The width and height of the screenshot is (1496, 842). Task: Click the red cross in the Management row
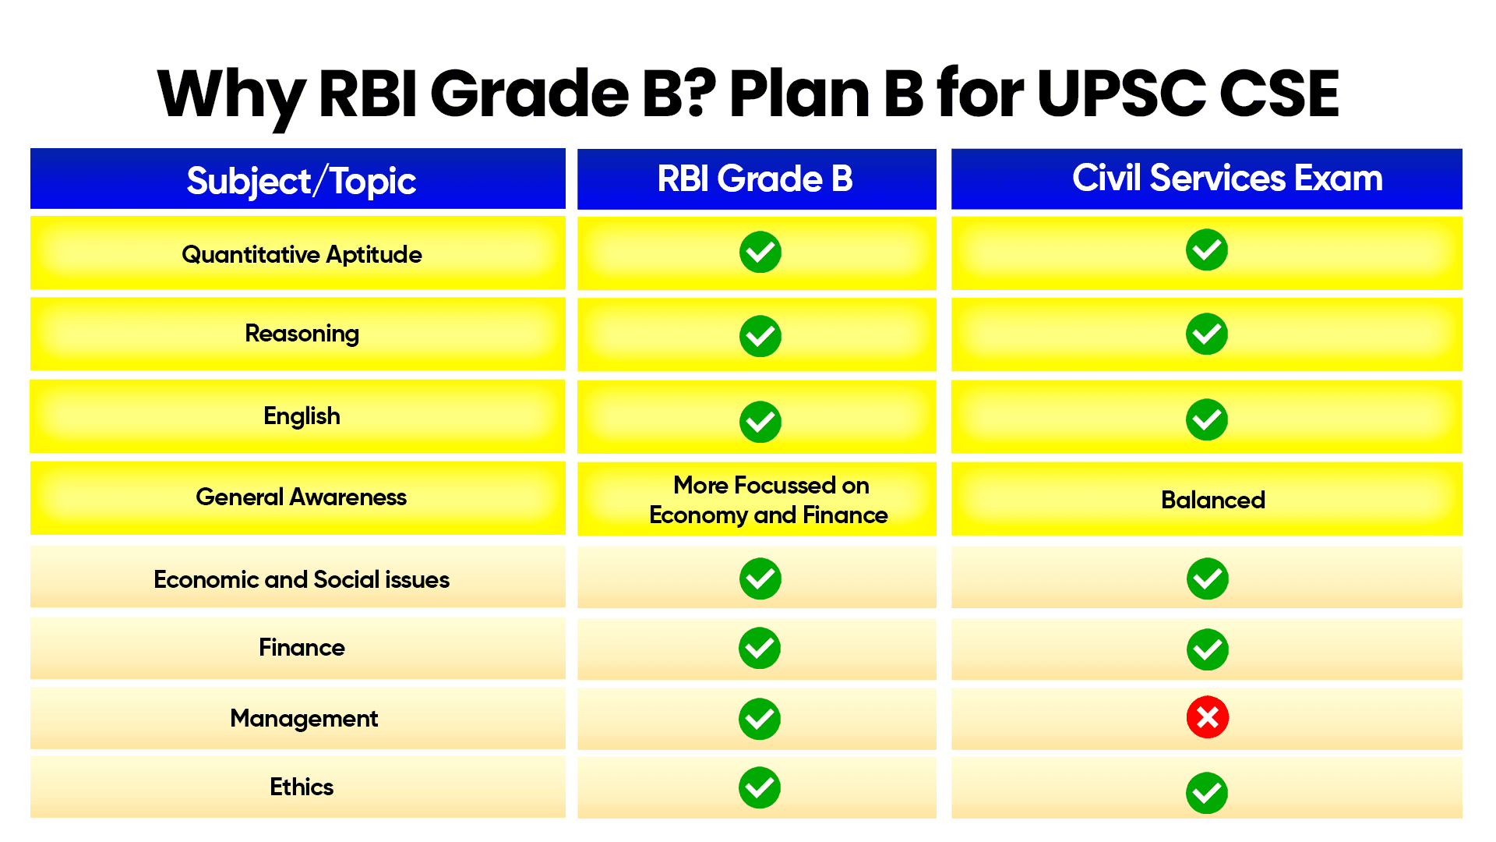pyautogui.click(x=1207, y=717)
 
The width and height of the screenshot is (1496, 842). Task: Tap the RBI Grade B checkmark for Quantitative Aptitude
pyautogui.click(x=760, y=252)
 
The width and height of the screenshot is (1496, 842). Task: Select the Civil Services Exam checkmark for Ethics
pyautogui.click(x=1206, y=793)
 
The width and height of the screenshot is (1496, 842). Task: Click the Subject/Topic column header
pyautogui.click(x=301, y=181)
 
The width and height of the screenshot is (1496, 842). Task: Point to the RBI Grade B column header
pyautogui.click(x=754, y=179)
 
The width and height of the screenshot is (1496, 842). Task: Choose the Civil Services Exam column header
pyautogui.click(x=1226, y=178)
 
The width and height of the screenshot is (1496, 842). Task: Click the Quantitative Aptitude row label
pyautogui.click(x=302, y=254)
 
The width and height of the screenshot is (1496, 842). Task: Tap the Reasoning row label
pyautogui.click(x=302, y=333)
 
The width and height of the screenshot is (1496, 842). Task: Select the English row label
pyautogui.click(x=302, y=416)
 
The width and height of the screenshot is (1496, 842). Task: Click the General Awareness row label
pyautogui.click(x=301, y=497)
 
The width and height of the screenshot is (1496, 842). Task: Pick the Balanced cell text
pyautogui.click(x=1212, y=500)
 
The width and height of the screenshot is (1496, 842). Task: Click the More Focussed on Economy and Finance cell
pyautogui.click(x=768, y=500)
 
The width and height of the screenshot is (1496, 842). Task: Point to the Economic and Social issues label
pyautogui.click(x=301, y=579)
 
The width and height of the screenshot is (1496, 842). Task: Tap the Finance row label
pyautogui.click(x=302, y=647)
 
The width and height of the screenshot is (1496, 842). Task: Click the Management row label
pyautogui.click(x=304, y=718)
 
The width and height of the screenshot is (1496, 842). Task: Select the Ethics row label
pyautogui.click(x=302, y=787)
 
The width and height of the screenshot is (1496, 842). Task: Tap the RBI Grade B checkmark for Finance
pyautogui.click(x=760, y=648)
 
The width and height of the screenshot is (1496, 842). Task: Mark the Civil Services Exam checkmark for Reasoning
pyautogui.click(x=1206, y=334)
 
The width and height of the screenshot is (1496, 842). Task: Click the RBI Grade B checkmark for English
pyautogui.click(x=760, y=422)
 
